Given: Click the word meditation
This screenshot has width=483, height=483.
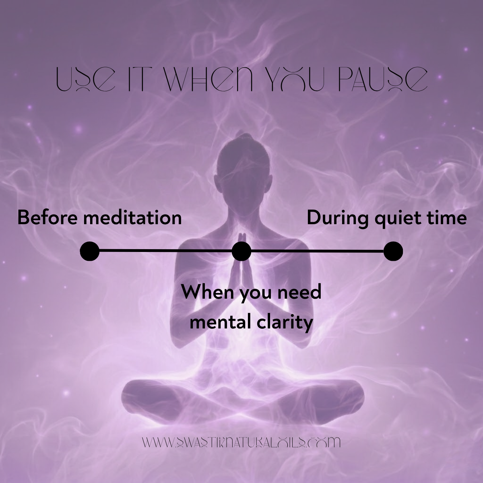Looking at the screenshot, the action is [132, 218].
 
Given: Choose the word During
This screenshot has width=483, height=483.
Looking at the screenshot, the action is [338, 218].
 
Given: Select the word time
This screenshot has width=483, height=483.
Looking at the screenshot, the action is [444, 218].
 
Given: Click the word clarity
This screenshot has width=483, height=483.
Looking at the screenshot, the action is [283, 323].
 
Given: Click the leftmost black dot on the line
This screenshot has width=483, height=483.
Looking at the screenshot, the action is [90, 251].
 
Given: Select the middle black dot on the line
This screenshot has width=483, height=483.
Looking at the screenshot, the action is [242, 251].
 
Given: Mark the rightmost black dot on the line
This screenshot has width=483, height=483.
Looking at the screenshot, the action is [393, 251].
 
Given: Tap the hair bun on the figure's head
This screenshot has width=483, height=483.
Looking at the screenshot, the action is [241, 137].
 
